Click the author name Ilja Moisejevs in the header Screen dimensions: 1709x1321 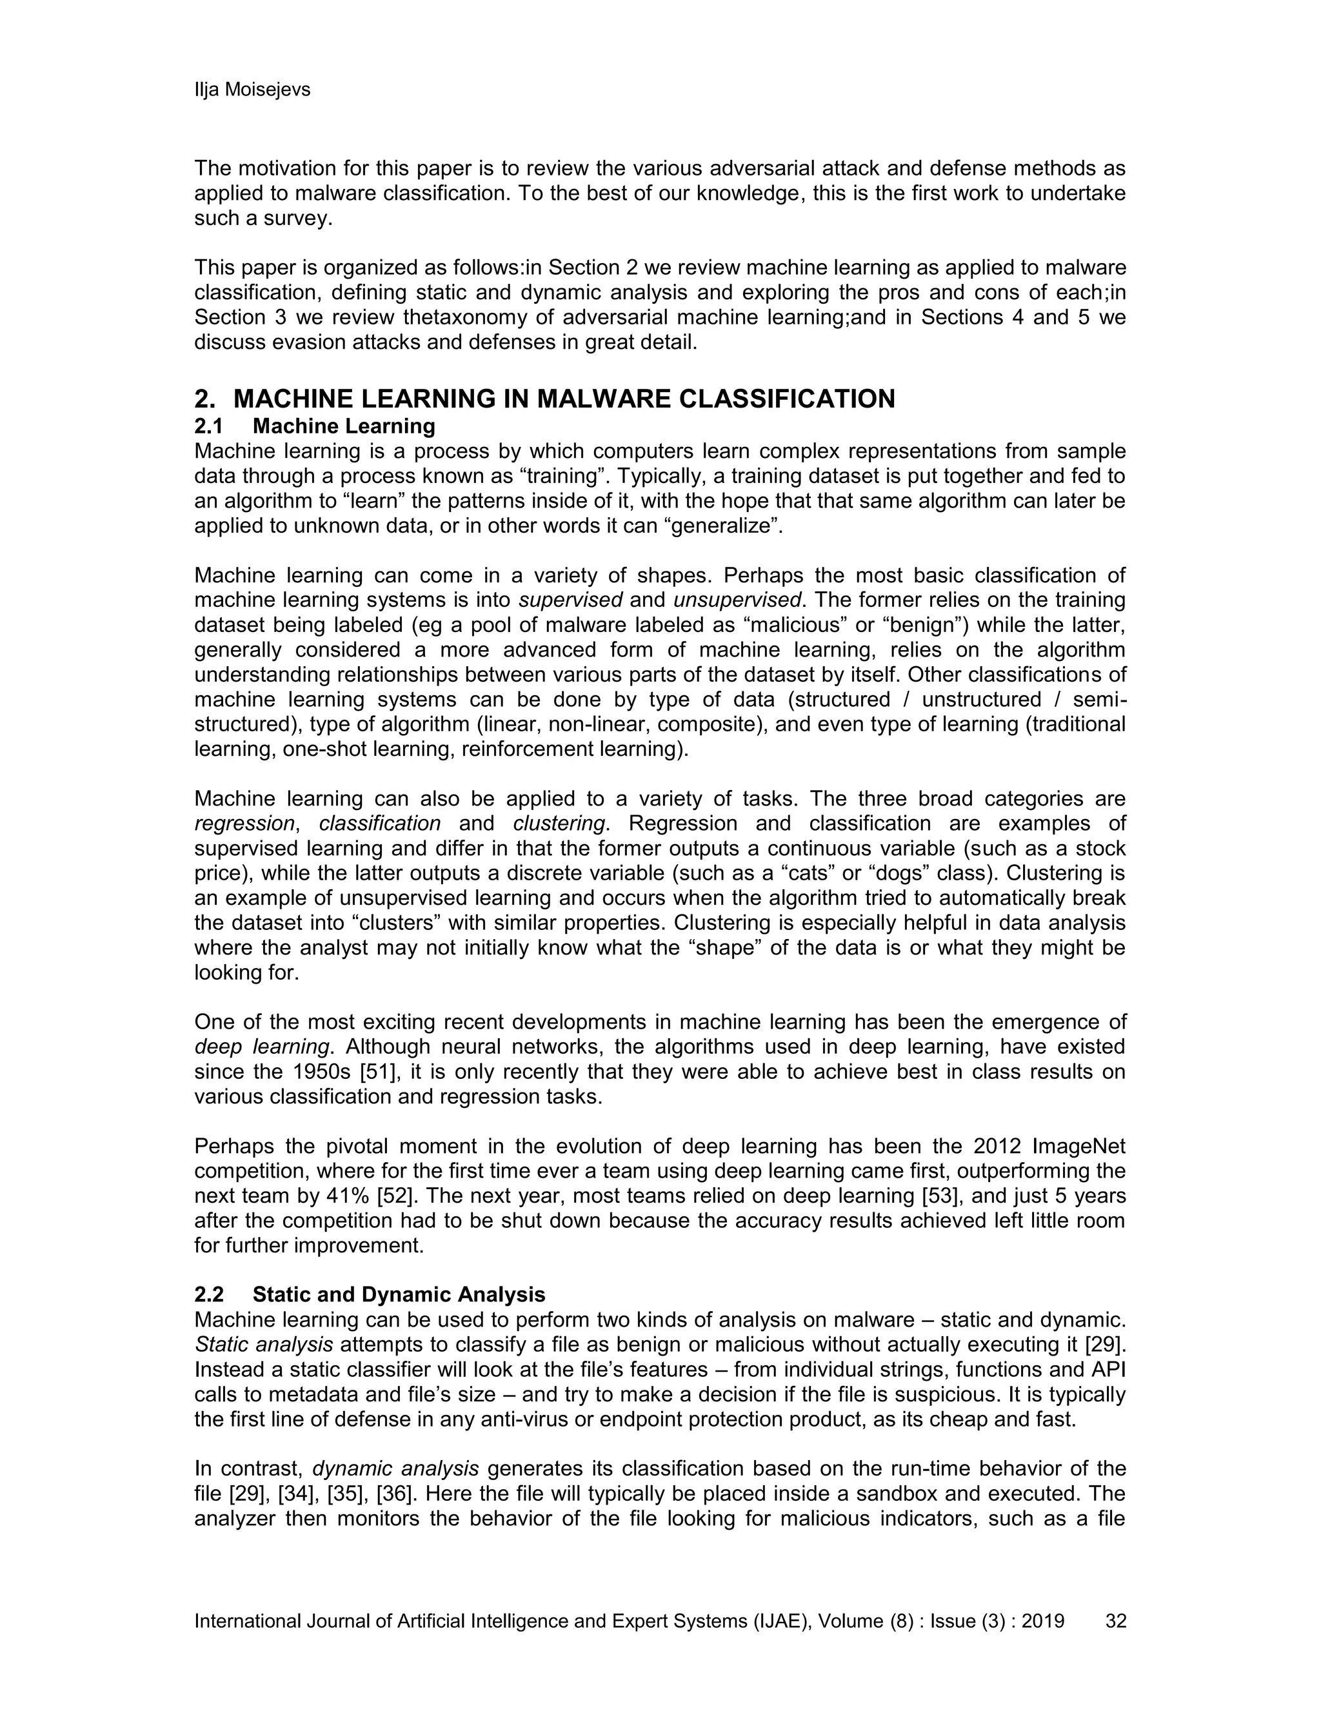pyautogui.click(x=252, y=90)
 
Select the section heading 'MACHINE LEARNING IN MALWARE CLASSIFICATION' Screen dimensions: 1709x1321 pyautogui.click(x=564, y=399)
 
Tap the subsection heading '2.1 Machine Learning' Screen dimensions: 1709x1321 pyautogui.click(x=315, y=426)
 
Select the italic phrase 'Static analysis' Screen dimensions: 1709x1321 pyautogui.click(x=263, y=1345)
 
